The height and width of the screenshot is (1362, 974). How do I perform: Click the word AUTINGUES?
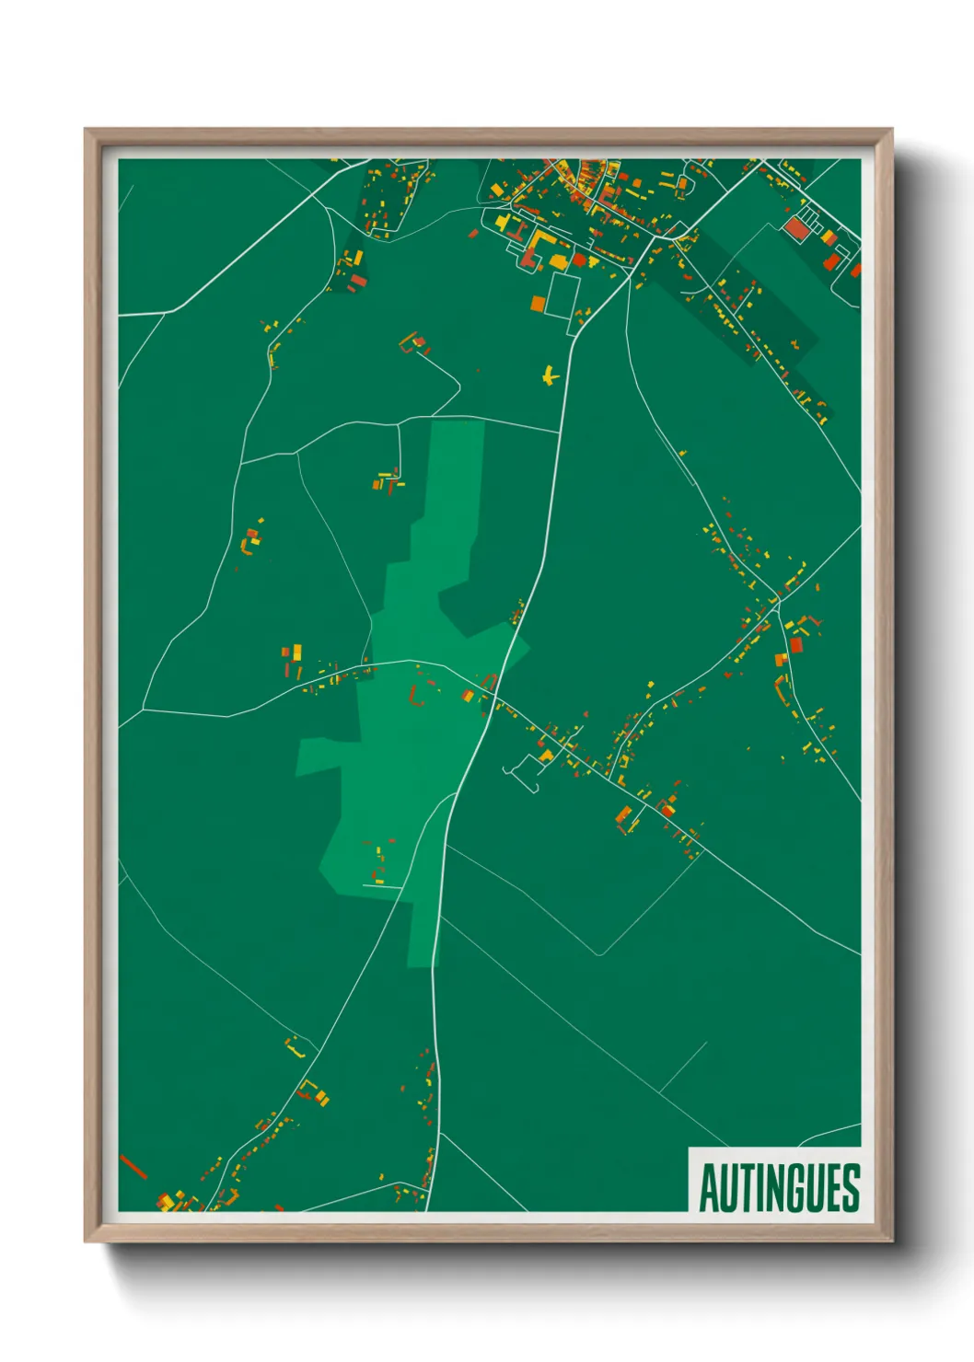pos(779,1187)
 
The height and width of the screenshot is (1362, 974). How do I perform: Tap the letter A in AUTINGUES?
pos(709,1187)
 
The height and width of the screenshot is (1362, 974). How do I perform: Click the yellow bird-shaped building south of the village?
pos(550,375)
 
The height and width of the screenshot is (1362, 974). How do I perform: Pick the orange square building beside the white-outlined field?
pos(539,303)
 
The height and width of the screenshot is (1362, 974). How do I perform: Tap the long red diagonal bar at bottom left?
pos(133,1166)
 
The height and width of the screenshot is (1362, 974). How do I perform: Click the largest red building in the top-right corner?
pos(795,228)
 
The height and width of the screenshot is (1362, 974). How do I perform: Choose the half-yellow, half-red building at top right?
pos(829,238)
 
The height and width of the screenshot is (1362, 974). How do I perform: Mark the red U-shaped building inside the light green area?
pos(416,697)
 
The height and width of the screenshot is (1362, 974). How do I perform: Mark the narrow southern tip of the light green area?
pos(421,962)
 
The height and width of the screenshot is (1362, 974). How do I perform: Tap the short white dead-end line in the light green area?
pos(382,885)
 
